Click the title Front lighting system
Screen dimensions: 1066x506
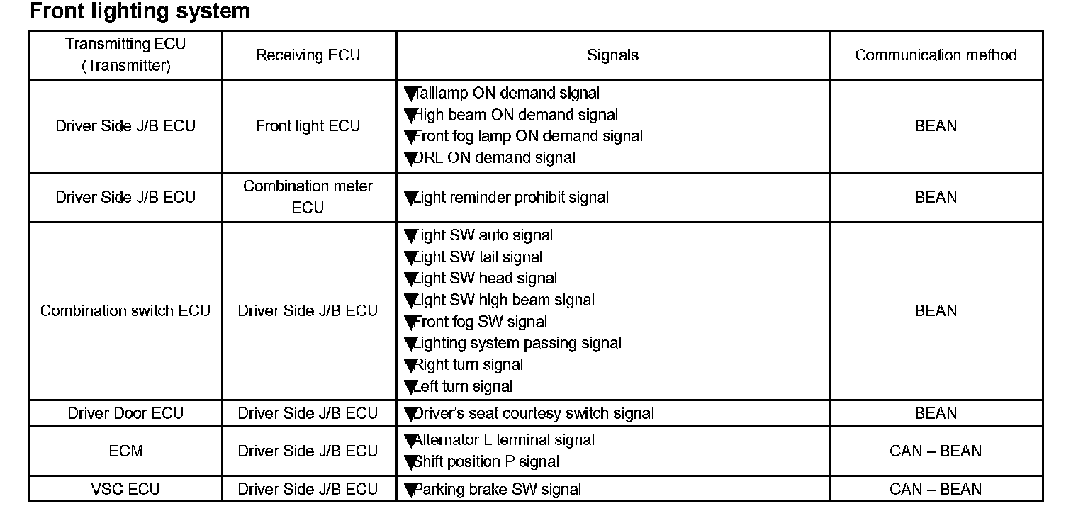click(x=140, y=11)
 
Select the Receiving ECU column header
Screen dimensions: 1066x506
click(x=308, y=55)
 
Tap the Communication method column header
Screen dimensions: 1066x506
click(x=936, y=55)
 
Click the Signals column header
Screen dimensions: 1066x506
click(x=612, y=55)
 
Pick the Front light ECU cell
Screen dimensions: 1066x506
click(x=308, y=126)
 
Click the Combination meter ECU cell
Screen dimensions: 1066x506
click(x=308, y=196)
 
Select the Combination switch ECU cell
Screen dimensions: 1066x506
click(x=125, y=310)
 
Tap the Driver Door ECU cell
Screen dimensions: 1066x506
click(x=125, y=413)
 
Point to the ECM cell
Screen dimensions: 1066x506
click(x=125, y=451)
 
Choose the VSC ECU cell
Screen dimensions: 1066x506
click(x=125, y=489)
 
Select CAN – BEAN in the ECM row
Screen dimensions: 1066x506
click(x=936, y=451)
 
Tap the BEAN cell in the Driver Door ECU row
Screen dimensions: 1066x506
click(x=936, y=413)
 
